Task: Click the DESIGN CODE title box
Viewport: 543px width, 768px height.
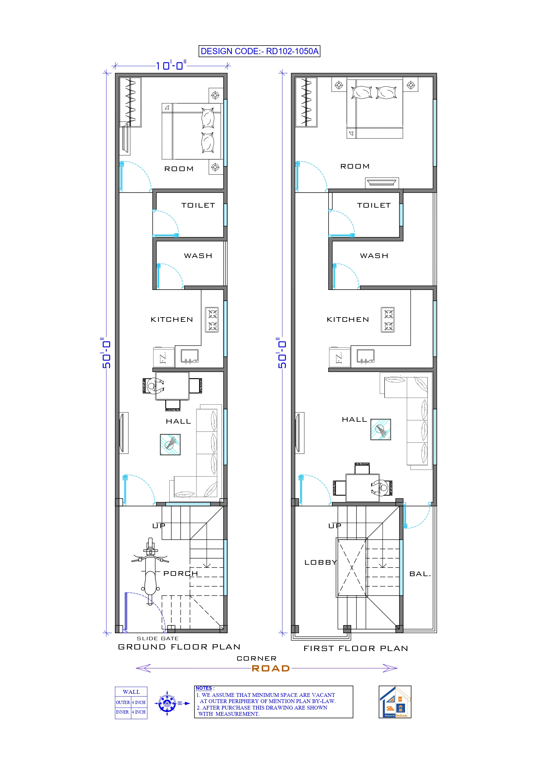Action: [x=259, y=51]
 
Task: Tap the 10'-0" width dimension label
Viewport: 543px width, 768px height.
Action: [x=171, y=65]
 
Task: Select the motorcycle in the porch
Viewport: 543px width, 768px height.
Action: [x=151, y=571]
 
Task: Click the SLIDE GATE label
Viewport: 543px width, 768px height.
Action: [x=157, y=639]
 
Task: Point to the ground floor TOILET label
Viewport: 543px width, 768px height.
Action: [x=198, y=205]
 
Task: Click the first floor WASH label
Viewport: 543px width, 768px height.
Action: [x=374, y=256]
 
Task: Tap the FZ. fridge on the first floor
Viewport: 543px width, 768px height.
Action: [x=339, y=358]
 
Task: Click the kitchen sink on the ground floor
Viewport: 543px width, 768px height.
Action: [x=189, y=356]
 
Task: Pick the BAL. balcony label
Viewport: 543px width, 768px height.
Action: [x=420, y=574]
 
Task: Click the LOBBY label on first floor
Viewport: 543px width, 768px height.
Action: [x=321, y=563]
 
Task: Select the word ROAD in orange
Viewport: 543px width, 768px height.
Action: [x=271, y=669]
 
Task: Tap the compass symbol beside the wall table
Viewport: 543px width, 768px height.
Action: [x=167, y=703]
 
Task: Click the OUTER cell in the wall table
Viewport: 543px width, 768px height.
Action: [x=123, y=702]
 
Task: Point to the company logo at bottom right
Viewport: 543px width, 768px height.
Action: [x=395, y=702]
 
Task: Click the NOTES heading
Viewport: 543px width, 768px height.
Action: [x=204, y=688]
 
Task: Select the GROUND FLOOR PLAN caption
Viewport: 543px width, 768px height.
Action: [x=179, y=647]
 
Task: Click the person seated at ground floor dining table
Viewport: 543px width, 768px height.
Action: [x=152, y=386]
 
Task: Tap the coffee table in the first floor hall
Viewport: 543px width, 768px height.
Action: [x=381, y=429]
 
